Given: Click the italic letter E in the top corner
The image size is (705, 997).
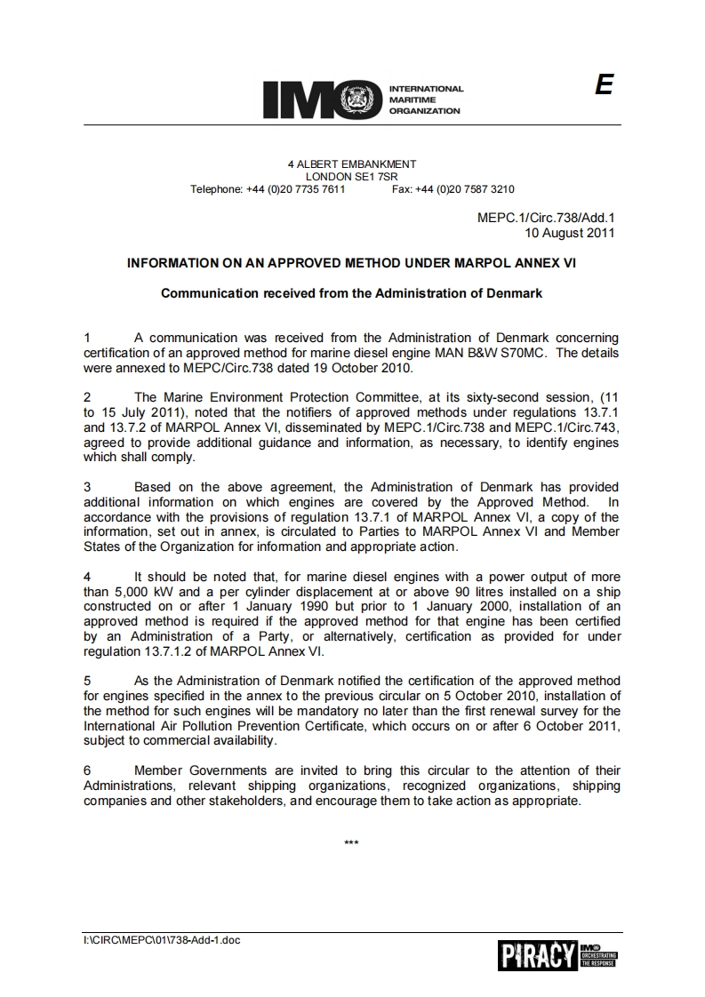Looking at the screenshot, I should point(605,85).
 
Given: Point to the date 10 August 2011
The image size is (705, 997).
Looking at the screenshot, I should point(570,233).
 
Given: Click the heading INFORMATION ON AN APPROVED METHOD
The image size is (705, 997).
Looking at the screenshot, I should point(352,263).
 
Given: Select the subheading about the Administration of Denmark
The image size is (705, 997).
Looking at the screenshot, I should point(352,292).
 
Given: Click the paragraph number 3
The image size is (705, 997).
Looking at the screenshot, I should point(87,487).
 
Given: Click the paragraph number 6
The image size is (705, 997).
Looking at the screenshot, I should point(87,770).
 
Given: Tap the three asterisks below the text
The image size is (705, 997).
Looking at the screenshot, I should point(351,841).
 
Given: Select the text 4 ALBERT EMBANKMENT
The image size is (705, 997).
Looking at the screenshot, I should point(352,164).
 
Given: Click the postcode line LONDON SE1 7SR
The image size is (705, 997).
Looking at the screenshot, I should point(352,177).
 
